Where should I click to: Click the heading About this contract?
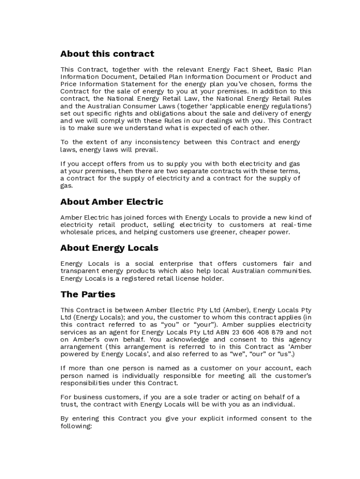click(x=107, y=54)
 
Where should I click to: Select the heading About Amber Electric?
click(x=112, y=202)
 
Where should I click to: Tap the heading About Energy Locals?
click(x=109, y=248)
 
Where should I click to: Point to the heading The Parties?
click(x=88, y=295)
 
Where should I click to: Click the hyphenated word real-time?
click(x=296, y=225)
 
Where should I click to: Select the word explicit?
click(x=204, y=419)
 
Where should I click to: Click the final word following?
click(x=77, y=426)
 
